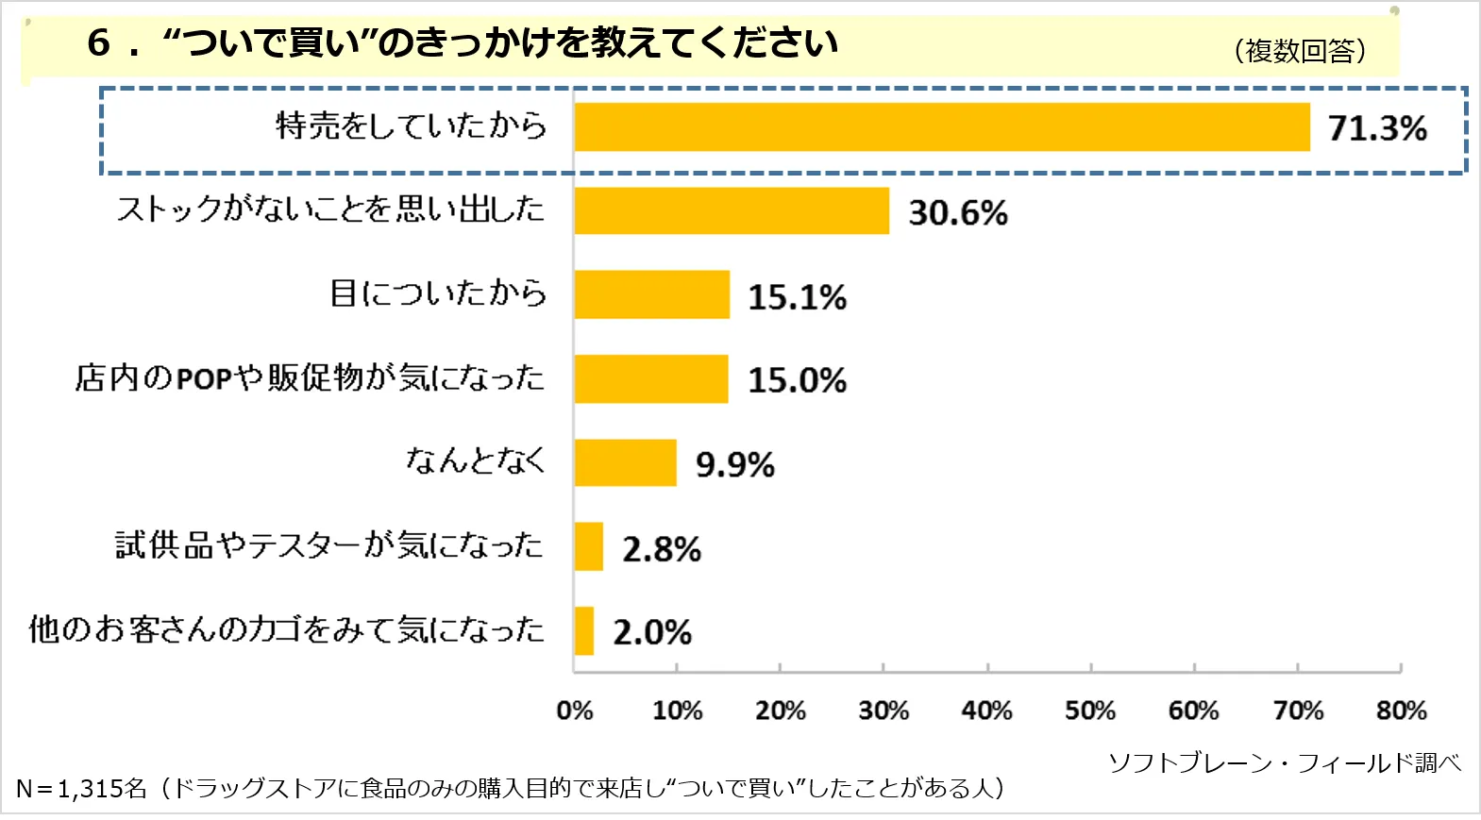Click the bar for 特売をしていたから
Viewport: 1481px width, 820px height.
click(x=942, y=126)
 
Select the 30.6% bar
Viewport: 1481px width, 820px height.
click(x=732, y=210)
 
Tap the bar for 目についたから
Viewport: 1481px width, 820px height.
click(x=651, y=294)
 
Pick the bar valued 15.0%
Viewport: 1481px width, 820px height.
click(x=651, y=378)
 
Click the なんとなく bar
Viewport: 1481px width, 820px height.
click(x=625, y=462)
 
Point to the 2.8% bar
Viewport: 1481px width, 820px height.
click(x=588, y=546)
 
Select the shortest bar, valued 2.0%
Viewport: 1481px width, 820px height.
click(x=584, y=630)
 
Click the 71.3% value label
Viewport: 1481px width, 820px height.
click(x=1377, y=128)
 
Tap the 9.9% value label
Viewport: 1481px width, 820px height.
click(x=734, y=464)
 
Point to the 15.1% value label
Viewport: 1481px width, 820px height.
click(x=797, y=297)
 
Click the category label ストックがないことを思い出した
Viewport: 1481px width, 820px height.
click(x=330, y=209)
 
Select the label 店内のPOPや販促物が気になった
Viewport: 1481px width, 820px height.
click(x=310, y=377)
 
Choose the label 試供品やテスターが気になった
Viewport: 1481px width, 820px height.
click(x=329, y=544)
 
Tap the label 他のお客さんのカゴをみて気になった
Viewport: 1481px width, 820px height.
click(x=286, y=628)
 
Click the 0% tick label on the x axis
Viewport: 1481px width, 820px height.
click(x=574, y=711)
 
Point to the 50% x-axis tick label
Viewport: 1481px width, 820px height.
click(x=1090, y=711)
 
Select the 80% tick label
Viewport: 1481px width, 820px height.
click(x=1401, y=711)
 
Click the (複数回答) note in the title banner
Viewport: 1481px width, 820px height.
click(x=1300, y=50)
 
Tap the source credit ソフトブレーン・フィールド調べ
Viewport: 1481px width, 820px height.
click(x=1284, y=762)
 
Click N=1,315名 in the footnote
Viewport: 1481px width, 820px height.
click(x=81, y=788)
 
